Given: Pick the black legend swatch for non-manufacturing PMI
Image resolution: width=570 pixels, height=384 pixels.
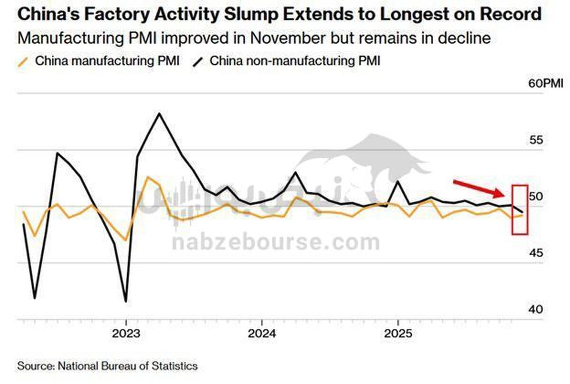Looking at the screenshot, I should click(x=199, y=61).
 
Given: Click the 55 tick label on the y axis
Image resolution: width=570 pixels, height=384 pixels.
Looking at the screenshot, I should click(x=535, y=140).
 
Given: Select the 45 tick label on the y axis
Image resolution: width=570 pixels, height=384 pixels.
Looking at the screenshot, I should click(x=535, y=253).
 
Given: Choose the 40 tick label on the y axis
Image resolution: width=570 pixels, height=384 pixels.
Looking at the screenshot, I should click(x=535, y=309).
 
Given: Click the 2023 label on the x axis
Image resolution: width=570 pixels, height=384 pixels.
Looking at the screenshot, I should click(x=126, y=333).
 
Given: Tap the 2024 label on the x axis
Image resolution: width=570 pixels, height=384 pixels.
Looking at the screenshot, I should click(x=262, y=333).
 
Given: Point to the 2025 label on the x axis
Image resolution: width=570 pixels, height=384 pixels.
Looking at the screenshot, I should click(x=398, y=333).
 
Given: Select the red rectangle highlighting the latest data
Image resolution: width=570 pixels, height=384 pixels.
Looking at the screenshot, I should click(x=520, y=209).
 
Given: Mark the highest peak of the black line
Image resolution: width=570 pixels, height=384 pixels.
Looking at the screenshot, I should click(x=159, y=113).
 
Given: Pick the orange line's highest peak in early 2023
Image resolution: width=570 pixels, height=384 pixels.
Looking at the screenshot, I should click(x=148, y=177).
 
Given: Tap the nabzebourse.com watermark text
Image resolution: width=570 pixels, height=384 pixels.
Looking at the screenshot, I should click(x=275, y=242).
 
